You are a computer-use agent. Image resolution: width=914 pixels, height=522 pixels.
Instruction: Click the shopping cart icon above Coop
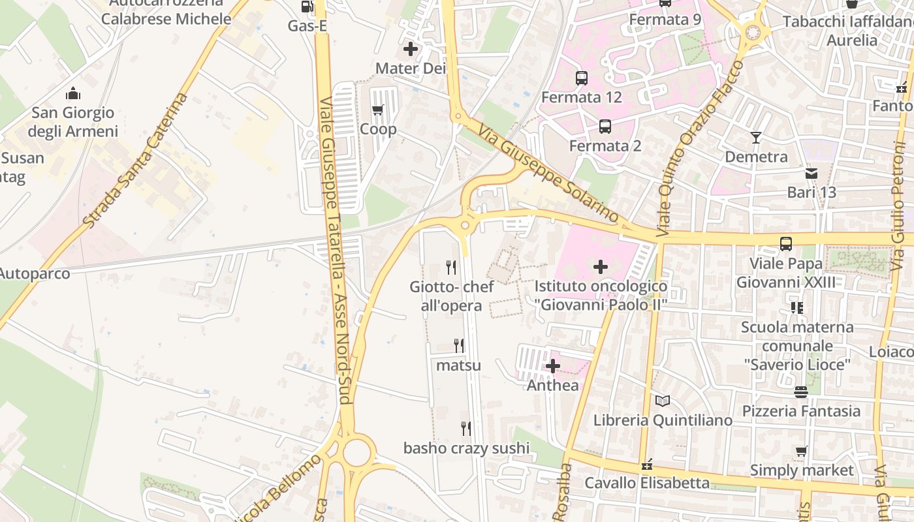[x=377, y=110]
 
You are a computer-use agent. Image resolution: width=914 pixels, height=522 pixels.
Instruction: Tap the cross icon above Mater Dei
[x=411, y=49]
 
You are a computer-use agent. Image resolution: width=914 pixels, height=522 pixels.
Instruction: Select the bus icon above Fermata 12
[x=581, y=78]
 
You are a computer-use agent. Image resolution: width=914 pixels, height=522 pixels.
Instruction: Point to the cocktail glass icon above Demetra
[x=756, y=138]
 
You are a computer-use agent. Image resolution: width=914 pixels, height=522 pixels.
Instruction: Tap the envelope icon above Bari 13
[x=812, y=174]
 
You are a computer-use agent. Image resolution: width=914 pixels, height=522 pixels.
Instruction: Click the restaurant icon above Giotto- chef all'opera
[x=450, y=267]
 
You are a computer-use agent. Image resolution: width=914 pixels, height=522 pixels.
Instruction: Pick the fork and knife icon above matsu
[x=459, y=346]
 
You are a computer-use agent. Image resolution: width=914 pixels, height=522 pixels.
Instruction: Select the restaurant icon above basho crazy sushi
[x=466, y=429]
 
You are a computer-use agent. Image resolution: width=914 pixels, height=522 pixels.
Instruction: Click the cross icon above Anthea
[x=553, y=366]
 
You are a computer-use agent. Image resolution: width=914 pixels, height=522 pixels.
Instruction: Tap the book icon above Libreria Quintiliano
[x=663, y=401]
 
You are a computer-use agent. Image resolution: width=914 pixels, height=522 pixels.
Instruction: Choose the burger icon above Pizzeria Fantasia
[x=801, y=392]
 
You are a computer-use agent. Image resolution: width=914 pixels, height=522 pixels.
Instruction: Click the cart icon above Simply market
[x=802, y=452]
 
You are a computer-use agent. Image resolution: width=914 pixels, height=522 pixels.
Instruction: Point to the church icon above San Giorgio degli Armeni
[x=73, y=94]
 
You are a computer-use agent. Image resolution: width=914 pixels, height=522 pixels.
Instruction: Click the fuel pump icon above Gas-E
[x=307, y=7]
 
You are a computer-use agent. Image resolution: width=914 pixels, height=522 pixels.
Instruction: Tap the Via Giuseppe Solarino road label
[x=548, y=173]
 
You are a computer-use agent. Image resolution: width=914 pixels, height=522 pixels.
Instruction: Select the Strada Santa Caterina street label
[x=136, y=161]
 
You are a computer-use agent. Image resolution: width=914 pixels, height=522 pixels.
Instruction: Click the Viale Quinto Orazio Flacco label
[x=701, y=149]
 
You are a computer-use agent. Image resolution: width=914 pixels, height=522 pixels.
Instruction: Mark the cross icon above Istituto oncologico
[x=601, y=266]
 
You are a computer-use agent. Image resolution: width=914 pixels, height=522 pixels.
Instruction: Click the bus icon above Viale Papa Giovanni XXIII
[x=786, y=244]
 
